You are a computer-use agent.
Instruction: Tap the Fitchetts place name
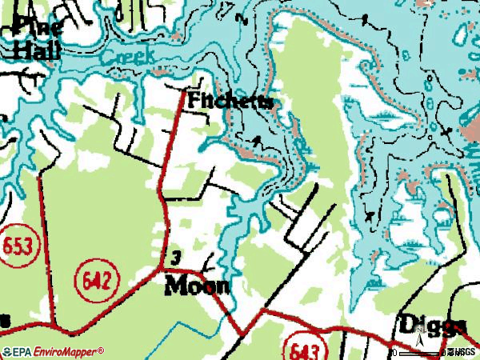coord(230,102)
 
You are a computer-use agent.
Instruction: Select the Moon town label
coord(197,286)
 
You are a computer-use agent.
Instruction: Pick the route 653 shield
coord(17,246)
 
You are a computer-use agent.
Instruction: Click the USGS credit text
coord(464,351)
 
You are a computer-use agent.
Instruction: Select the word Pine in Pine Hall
coord(35,26)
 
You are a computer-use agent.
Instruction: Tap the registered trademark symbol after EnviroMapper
coord(102,350)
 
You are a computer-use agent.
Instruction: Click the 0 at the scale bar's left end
coord(394,352)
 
